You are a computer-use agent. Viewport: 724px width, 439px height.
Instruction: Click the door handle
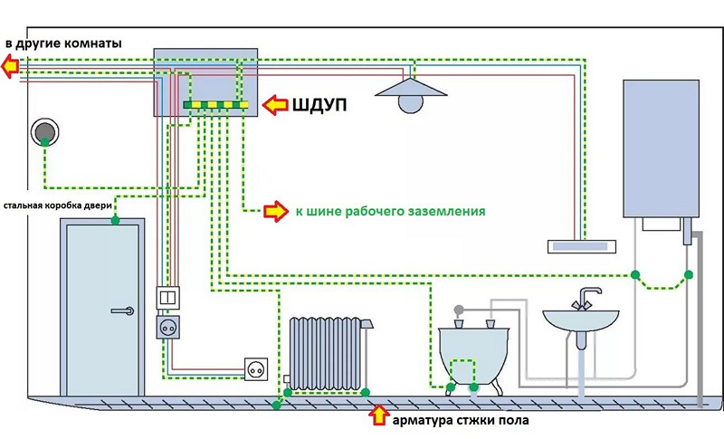pos(122,310)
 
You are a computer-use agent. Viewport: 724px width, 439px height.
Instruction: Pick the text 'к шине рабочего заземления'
pos(388,212)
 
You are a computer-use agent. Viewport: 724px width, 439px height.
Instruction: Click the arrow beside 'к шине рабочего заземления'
pos(273,212)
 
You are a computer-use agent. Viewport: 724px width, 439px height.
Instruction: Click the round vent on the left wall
pos(44,133)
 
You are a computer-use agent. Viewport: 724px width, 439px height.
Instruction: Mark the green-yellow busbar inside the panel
pos(215,106)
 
